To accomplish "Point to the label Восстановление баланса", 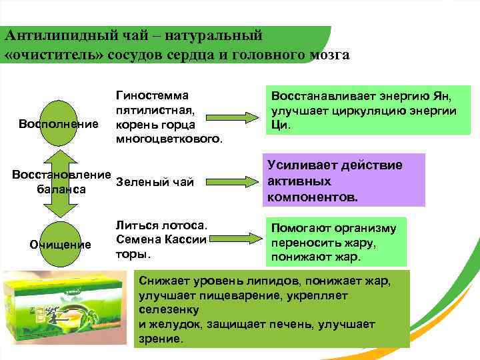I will point(61,182).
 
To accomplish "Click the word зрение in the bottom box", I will point(159,339).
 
